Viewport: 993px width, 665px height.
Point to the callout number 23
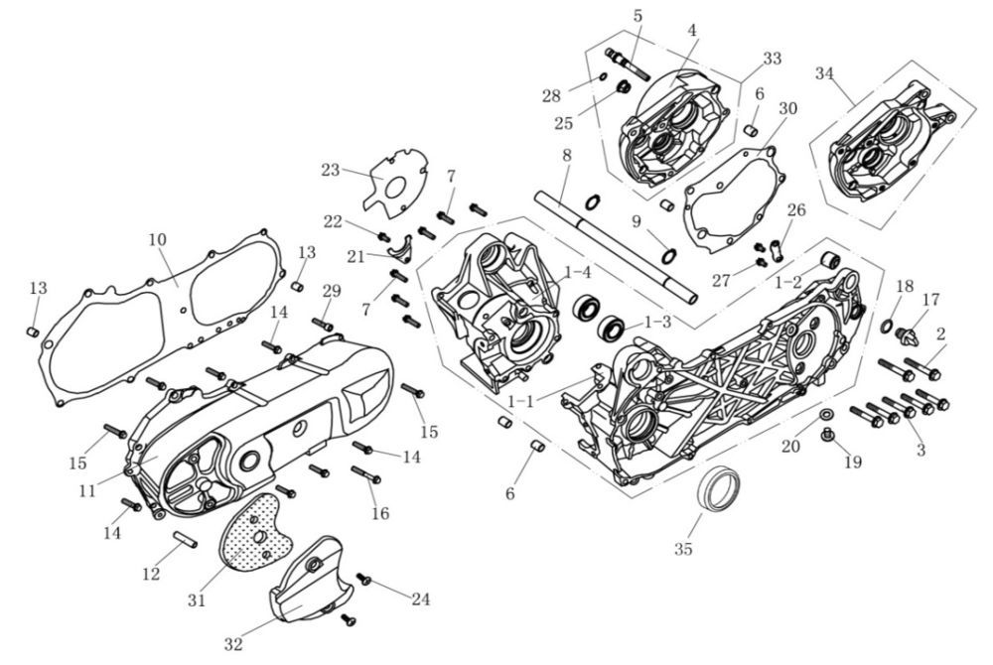coord(331,170)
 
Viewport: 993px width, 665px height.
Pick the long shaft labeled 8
coord(616,248)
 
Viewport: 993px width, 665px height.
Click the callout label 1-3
coord(657,323)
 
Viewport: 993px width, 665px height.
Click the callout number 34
coord(824,73)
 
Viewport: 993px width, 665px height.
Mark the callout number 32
coord(233,644)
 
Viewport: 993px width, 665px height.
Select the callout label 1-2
coord(787,283)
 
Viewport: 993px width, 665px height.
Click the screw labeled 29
coord(323,324)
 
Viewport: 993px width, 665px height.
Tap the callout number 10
coord(157,239)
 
